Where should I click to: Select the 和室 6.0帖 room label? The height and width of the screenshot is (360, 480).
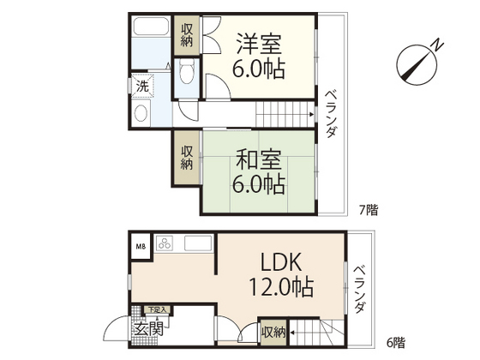coord(258,171)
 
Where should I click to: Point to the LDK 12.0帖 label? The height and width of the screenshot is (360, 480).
coord(280,273)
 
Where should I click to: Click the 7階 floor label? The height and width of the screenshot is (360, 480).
coord(368,208)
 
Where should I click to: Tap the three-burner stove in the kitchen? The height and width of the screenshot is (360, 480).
coord(165,243)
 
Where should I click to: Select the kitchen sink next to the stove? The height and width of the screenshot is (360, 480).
coord(196,243)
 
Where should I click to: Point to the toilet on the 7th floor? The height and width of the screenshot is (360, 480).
coord(189,77)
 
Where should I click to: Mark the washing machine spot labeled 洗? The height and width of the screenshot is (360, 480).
coord(141,87)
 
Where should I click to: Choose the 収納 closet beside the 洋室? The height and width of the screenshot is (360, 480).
coord(187,36)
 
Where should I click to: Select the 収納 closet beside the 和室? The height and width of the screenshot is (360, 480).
coord(187,157)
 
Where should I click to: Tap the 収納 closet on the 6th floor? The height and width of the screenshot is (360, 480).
coord(272,331)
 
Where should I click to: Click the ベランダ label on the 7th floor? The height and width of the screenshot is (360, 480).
coord(331,113)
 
